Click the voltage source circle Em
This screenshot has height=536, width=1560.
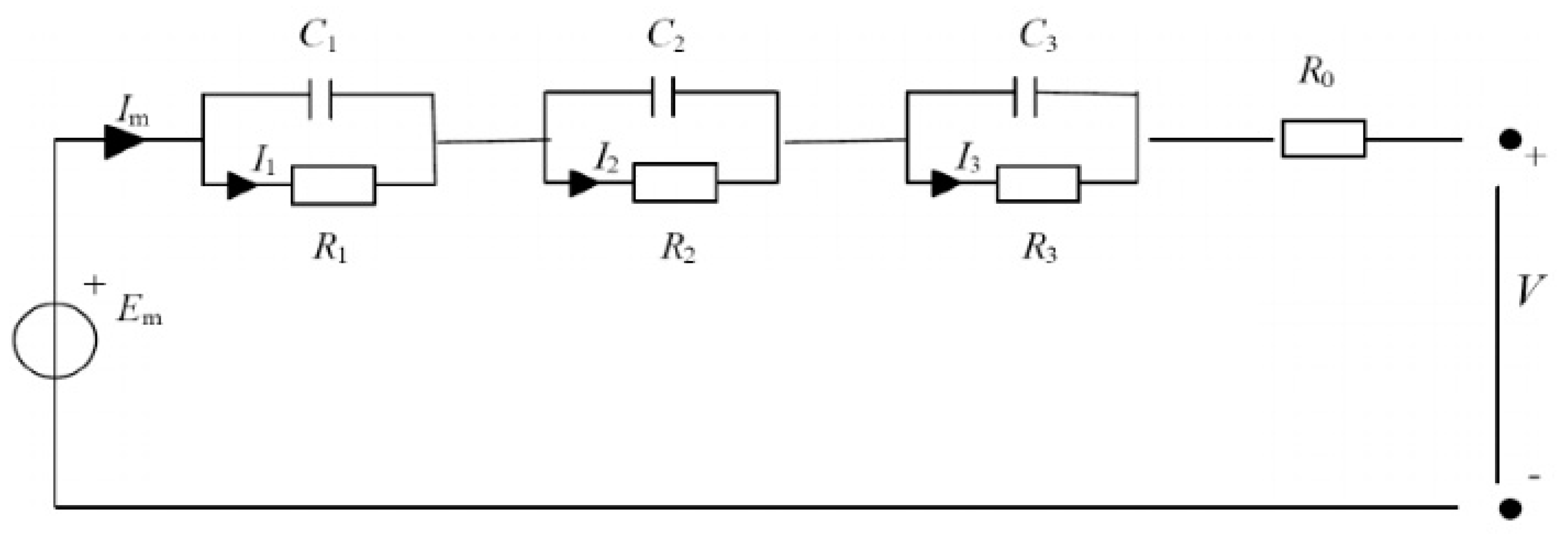pos(55,340)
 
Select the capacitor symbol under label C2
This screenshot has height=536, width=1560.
pos(663,95)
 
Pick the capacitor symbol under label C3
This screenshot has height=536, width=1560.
pos(1025,95)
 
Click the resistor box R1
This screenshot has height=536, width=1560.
pos(333,185)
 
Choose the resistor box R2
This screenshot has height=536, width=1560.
pos(675,182)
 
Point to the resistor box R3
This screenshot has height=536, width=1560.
pos(1037,183)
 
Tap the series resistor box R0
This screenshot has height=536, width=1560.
pos(1323,139)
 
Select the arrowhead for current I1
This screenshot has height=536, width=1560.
pos(242,185)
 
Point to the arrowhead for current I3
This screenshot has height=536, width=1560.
pos(945,183)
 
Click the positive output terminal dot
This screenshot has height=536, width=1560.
pos(1510,139)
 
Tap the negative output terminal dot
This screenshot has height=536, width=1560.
pos(1510,508)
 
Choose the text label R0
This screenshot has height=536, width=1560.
pos(1315,74)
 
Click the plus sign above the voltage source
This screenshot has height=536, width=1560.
pos(94,285)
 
